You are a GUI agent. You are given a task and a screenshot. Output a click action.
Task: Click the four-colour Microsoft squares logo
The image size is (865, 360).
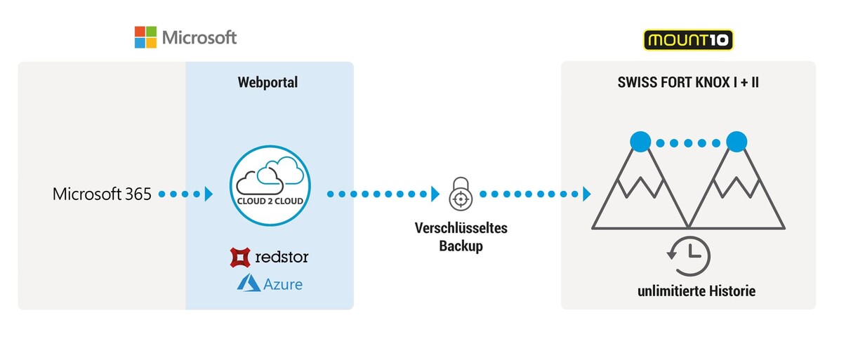point(145,37)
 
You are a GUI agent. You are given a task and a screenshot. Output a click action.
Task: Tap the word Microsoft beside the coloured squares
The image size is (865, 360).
point(199,37)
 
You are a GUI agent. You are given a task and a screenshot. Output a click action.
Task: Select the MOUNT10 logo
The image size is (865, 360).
point(688,40)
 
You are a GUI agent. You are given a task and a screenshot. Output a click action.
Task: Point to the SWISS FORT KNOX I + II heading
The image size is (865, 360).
point(688,83)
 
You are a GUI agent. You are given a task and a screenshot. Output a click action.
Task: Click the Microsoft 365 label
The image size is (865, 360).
point(102,194)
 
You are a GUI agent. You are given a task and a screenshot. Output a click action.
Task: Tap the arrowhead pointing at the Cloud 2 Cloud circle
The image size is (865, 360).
point(209,194)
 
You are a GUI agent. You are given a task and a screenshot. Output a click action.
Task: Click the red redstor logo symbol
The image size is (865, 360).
point(240,258)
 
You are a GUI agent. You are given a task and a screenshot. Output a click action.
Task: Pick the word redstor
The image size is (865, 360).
point(282,258)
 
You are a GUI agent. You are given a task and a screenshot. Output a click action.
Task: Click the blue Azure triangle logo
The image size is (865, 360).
point(249,284)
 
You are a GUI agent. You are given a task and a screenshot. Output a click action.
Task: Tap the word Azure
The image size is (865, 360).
point(284,284)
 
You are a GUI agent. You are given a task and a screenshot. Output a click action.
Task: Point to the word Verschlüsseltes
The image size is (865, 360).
point(461,229)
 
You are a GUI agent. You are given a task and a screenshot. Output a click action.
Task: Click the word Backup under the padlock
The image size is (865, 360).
point(461,246)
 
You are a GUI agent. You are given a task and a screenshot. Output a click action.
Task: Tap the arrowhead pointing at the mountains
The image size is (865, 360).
point(586,194)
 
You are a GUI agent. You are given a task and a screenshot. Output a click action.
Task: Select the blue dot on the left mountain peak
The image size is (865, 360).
point(640,142)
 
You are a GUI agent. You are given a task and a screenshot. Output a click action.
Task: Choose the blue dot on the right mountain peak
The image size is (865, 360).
point(736,142)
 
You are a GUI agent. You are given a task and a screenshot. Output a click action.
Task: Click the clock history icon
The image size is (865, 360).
point(689,256)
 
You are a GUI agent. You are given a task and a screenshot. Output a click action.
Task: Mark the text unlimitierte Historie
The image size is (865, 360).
point(688,291)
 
